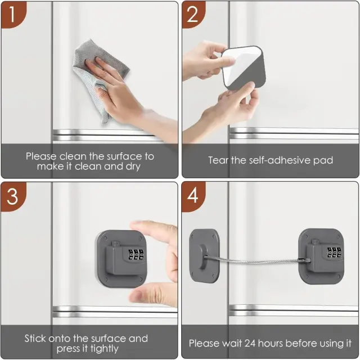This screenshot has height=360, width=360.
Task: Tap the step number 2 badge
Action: coord(193,14)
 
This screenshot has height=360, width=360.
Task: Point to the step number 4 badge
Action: coord(193,196)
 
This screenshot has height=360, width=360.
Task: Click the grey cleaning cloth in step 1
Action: coord(96,76)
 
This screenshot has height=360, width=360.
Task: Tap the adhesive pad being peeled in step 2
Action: coord(244,68)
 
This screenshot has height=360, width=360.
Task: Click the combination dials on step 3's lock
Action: coord(136,255)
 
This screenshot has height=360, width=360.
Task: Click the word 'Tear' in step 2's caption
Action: coord(218,160)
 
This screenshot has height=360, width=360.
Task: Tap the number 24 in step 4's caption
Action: coord(250,344)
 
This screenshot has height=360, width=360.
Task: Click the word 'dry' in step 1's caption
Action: coord(133,166)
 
